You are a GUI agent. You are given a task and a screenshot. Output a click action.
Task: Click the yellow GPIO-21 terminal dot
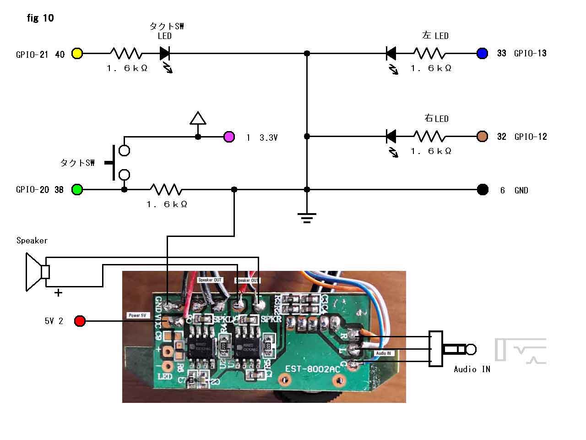[x=77, y=53]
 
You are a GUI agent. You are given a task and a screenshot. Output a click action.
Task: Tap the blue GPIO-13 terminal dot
[x=482, y=53]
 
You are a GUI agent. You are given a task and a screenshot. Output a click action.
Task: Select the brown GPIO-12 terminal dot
[x=482, y=136]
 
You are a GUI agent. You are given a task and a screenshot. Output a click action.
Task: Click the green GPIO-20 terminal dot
[x=77, y=189]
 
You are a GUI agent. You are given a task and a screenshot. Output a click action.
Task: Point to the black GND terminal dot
[x=483, y=190]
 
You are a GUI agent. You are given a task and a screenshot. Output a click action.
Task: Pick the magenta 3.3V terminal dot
[x=229, y=137]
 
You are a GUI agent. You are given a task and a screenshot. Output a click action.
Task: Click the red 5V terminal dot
[x=80, y=321]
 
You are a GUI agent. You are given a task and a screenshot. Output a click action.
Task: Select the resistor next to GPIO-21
[x=126, y=53]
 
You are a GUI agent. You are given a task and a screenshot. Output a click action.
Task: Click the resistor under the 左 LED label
[x=429, y=53]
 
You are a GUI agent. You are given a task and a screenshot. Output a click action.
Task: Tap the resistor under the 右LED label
[x=429, y=136]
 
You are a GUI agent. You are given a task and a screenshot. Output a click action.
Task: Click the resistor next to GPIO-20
[x=166, y=189]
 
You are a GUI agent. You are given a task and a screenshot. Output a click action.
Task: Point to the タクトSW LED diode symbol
[x=165, y=54]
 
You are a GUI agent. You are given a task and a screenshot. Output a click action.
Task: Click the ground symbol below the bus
[x=307, y=217]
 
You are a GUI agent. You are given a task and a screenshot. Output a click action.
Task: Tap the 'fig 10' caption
[x=40, y=18]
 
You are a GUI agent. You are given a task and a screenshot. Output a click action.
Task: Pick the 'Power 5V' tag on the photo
[x=138, y=315]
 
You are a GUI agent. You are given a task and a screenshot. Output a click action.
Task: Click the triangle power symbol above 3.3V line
[x=198, y=118]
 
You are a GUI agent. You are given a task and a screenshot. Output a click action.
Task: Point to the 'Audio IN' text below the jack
[x=472, y=369]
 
